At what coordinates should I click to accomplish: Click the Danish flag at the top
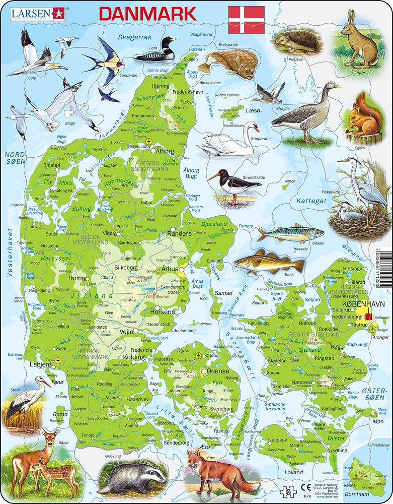(x=247, y=20)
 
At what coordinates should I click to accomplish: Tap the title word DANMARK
(x=147, y=14)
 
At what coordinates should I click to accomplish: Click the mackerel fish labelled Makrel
(x=290, y=233)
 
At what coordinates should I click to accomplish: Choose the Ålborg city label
(x=165, y=151)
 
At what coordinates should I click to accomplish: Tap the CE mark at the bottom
(x=305, y=486)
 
